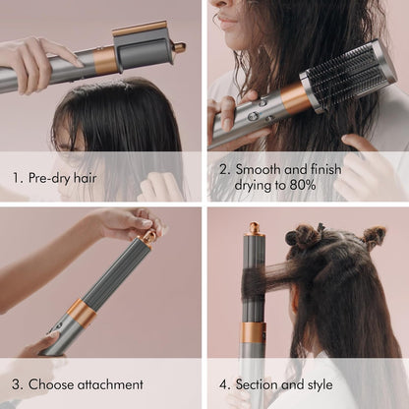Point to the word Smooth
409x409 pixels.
(265, 169)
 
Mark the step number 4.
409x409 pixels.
(225, 384)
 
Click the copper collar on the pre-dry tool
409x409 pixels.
(105, 61)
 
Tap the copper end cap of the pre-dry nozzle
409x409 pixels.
(179, 46)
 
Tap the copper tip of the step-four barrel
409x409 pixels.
(256, 229)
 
